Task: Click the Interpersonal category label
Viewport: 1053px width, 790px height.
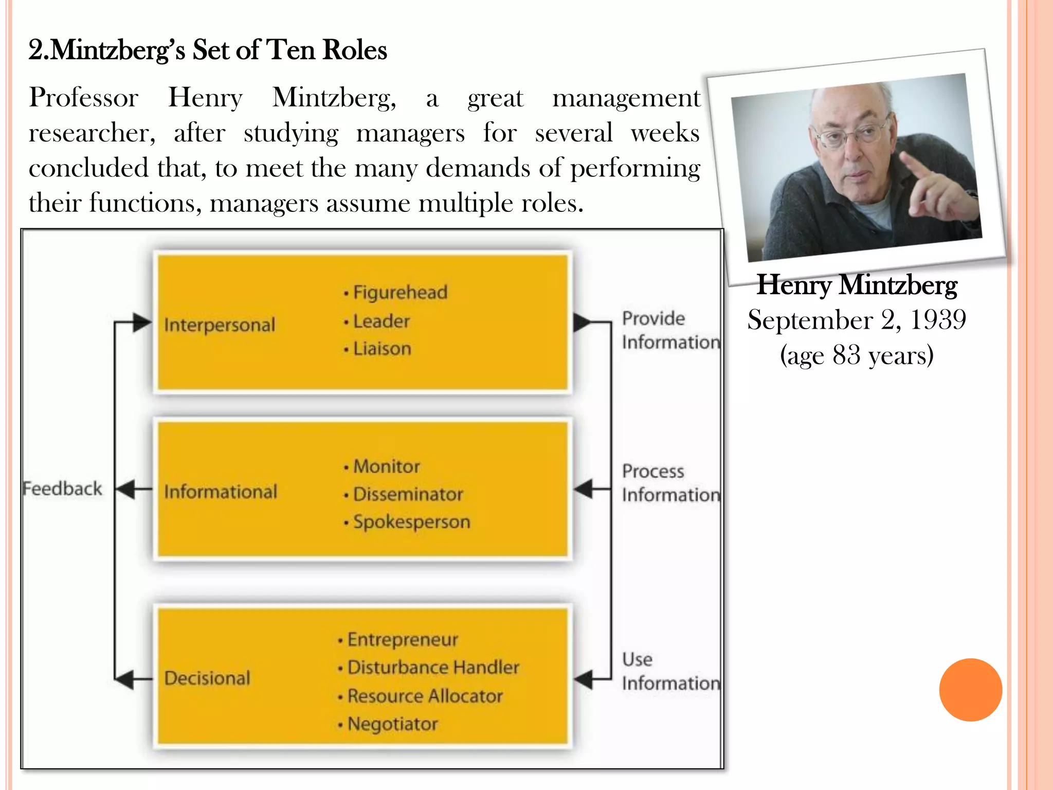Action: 220,325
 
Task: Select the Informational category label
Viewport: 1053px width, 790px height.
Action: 221,492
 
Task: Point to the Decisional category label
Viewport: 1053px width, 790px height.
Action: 207,678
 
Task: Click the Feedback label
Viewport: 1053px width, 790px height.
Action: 63,489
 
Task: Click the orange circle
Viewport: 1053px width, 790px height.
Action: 970,690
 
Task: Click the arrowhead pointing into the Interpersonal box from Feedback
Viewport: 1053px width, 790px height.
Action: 141,323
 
